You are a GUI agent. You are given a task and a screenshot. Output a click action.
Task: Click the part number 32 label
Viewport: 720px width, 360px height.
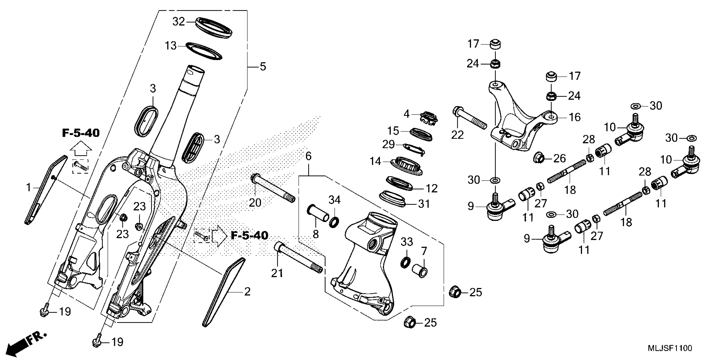(178, 22)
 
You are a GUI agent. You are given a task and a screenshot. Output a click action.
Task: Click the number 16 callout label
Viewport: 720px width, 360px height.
(575, 117)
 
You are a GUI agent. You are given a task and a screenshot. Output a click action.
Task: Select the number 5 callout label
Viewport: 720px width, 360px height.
(263, 67)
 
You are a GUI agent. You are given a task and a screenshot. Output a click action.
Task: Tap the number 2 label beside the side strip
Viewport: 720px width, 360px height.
(247, 292)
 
